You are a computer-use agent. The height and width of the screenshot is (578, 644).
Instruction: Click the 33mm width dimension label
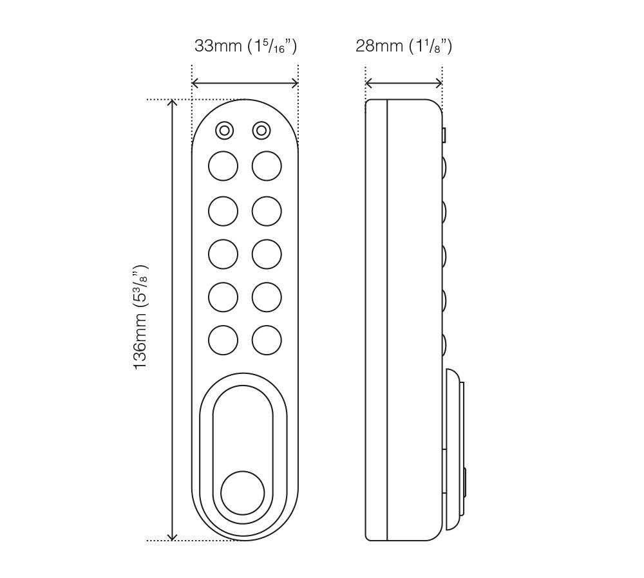[x=245, y=46]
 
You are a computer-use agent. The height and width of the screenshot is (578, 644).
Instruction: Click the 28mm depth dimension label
[x=404, y=46]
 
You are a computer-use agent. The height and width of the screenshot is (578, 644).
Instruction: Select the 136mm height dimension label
[x=140, y=317]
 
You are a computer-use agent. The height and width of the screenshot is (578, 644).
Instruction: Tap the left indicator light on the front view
[x=224, y=131]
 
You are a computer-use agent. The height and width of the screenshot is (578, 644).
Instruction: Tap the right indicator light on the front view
[x=261, y=131]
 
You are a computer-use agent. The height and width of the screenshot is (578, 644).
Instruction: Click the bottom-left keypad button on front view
[x=223, y=340]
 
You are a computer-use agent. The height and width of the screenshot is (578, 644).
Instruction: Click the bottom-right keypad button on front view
[x=267, y=340]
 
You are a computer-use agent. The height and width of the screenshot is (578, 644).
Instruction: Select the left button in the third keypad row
[x=223, y=254]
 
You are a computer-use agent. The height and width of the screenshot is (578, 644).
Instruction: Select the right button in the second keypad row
[x=267, y=210]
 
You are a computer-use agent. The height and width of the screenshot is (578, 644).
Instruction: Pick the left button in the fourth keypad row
[x=223, y=297]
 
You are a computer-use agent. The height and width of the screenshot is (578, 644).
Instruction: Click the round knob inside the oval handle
[x=242, y=493]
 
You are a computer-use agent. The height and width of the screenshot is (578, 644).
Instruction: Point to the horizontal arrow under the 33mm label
[x=245, y=83]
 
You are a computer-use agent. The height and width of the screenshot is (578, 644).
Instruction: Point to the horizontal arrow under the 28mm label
[x=404, y=83]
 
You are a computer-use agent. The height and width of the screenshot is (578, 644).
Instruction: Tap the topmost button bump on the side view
[x=445, y=167]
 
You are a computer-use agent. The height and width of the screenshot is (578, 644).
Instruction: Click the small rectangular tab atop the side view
[x=444, y=135]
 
